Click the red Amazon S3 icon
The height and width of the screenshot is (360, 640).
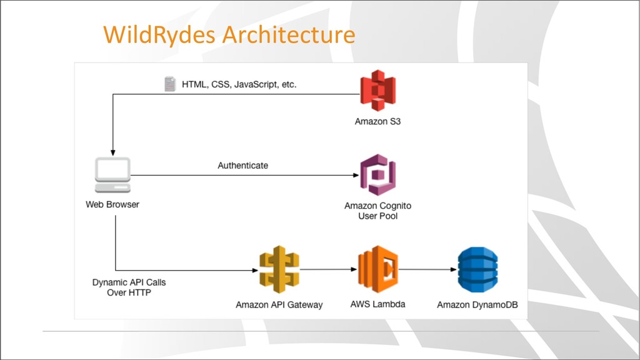click(378, 90)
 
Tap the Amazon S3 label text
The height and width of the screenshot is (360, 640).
click(377, 121)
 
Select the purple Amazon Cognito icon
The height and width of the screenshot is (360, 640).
click(378, 175)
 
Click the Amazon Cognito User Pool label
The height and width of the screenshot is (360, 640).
click(377, 211)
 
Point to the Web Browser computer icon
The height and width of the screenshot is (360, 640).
click(112, 175)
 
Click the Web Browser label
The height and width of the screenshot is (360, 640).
click(112, 204)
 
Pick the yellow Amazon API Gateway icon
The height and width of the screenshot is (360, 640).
click(279, 269)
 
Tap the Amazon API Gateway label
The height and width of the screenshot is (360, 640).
click(279, 304)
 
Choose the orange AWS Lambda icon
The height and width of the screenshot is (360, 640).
click(378, 269)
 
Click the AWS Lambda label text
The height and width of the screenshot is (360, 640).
click(377, 304)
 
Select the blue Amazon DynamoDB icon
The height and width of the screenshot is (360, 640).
click(477, 269)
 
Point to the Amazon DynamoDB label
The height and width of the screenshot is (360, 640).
click(477, 304)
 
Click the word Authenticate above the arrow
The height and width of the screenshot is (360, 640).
click(243, 165)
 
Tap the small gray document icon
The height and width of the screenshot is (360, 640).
click(170, 84)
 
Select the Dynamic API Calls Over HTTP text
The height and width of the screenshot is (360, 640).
click(129, 287)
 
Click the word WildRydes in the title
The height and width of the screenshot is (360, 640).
click(159, 34)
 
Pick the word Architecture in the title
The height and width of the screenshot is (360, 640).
click(289, 34)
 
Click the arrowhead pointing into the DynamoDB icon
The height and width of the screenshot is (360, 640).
click(454, 269)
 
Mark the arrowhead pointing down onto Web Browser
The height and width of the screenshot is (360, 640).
click(112, 153)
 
